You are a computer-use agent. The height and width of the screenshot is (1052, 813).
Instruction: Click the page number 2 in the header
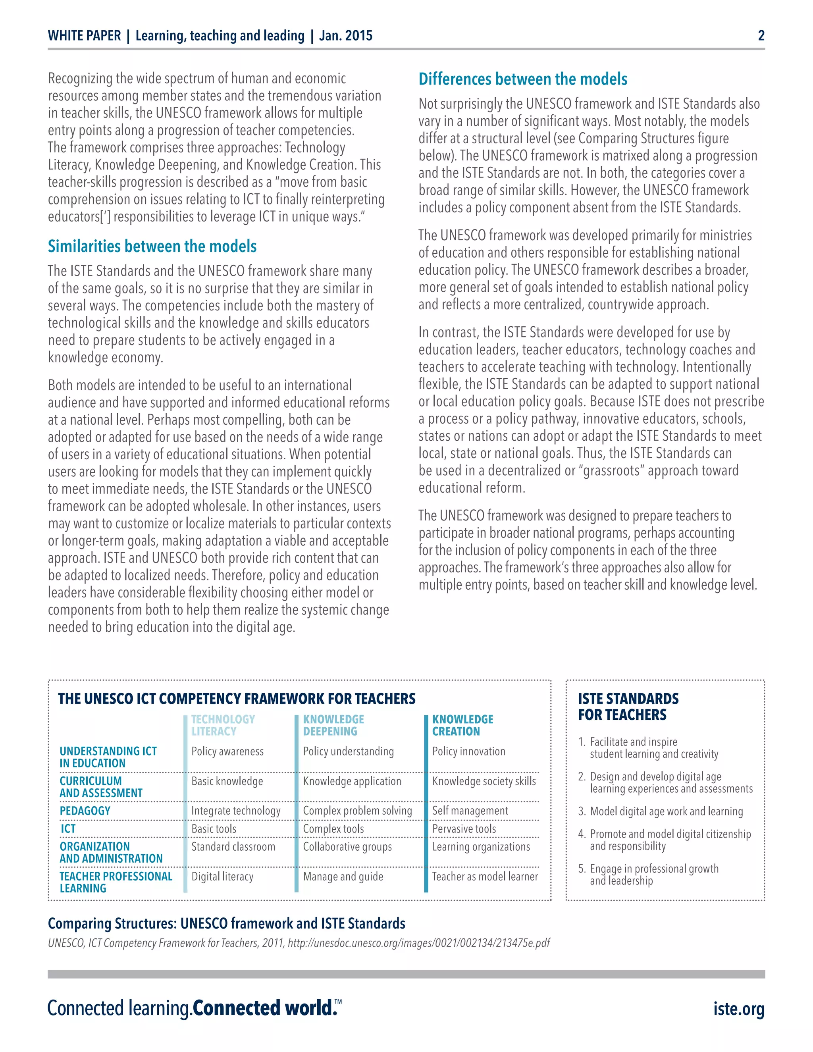pos(761,35)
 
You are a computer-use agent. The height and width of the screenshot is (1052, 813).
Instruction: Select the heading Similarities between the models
pos(152,246)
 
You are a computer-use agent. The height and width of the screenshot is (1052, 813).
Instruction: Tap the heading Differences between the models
pos(522,79)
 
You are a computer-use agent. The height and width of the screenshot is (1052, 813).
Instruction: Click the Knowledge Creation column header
pos(462,725)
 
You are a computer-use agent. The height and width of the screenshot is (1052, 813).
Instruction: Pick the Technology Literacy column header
pos(223,725)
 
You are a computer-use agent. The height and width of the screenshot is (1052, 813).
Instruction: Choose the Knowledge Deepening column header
pos(333,725)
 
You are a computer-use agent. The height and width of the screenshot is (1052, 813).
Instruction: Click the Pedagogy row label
pos(85,811)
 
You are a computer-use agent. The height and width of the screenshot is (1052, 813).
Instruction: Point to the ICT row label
pos(68,828)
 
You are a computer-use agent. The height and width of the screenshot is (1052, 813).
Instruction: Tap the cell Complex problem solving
pos(357,811)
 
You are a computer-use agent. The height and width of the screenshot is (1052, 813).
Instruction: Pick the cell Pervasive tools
pos(464,828)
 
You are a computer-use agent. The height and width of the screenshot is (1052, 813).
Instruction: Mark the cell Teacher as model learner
pos(485,877)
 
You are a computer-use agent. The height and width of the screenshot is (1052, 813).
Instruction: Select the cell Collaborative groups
pos(347,847)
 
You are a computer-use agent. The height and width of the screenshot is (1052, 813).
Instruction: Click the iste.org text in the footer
pos(738,1009)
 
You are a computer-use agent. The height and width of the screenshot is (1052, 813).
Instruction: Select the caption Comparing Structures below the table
pos(226,923)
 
